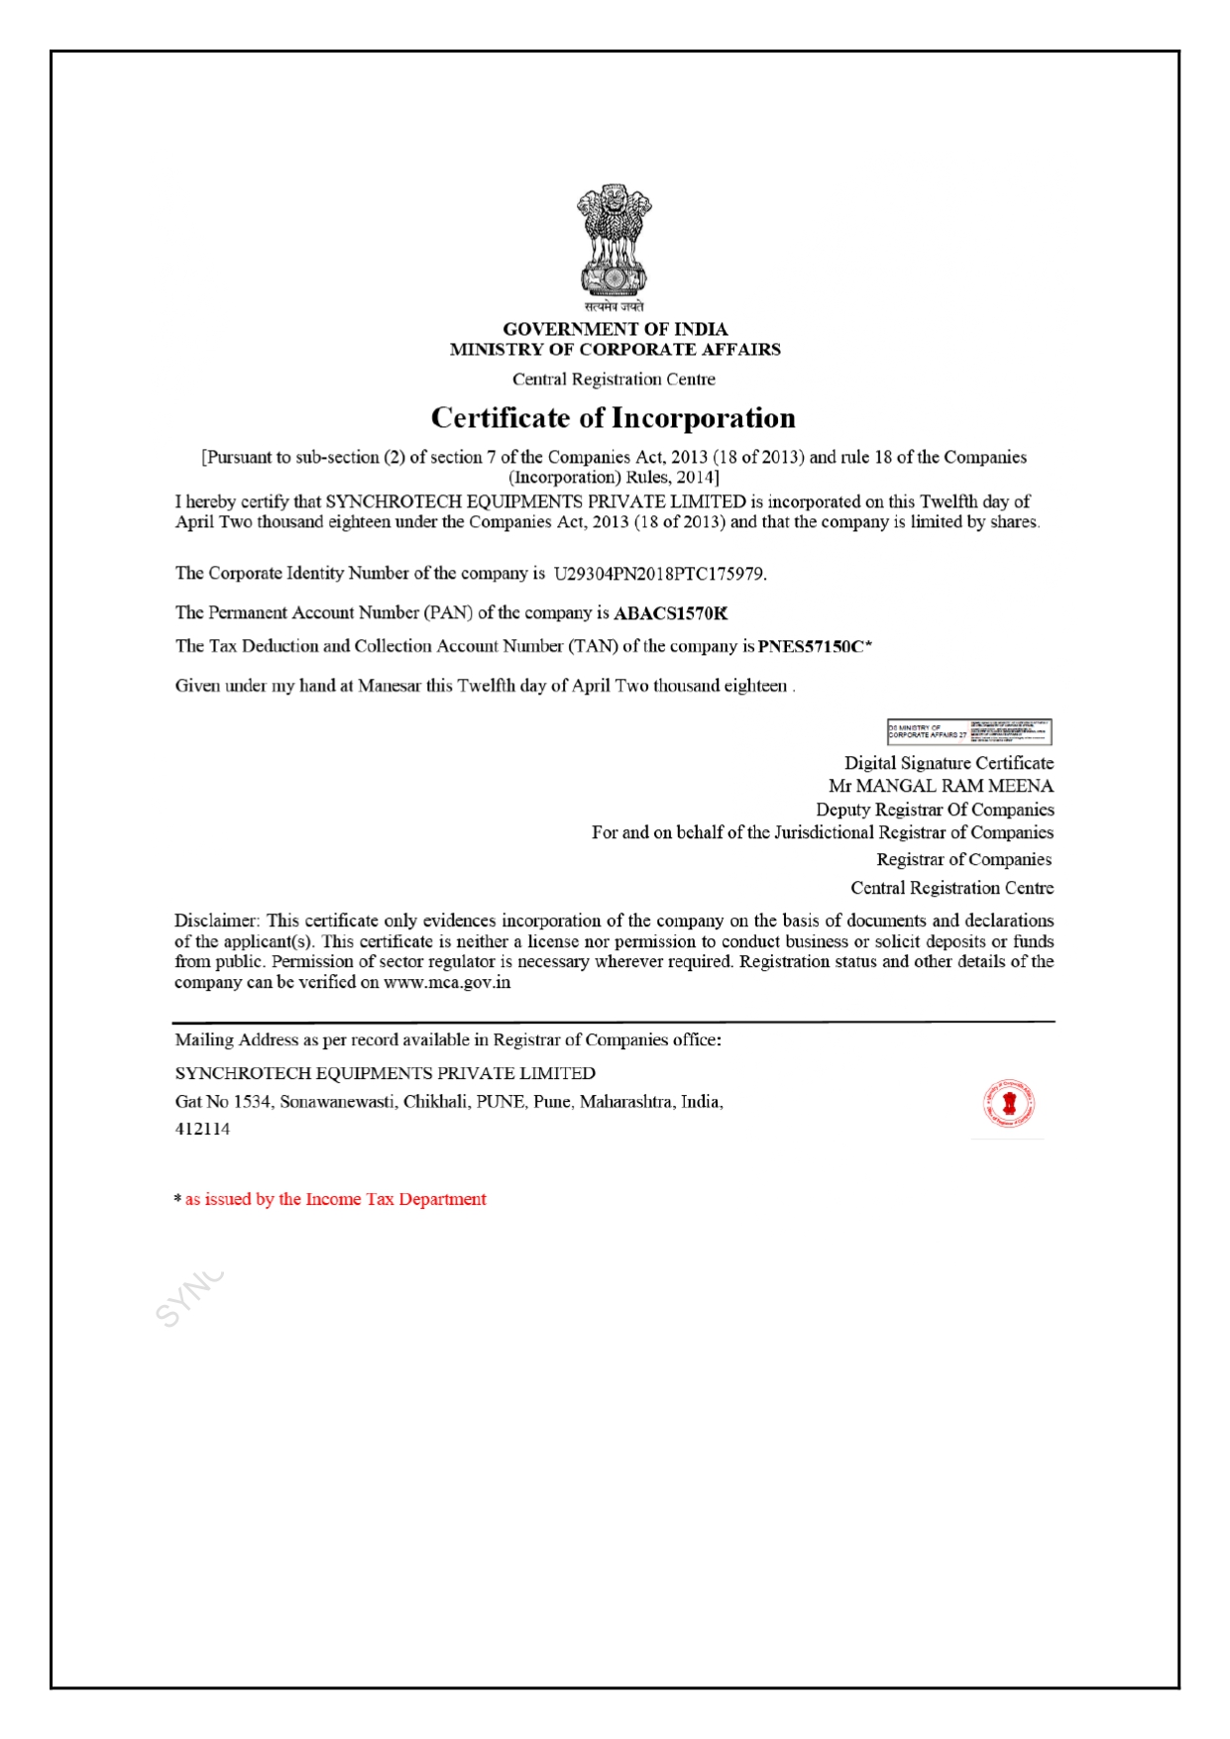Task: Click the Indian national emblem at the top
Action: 615,240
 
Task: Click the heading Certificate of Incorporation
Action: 614,418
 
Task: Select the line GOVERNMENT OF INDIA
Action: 615,329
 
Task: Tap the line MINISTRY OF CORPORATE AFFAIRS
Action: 615,349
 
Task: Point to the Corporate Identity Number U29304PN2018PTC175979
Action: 660,574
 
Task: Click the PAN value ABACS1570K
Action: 671,613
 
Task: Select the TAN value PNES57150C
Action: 811,647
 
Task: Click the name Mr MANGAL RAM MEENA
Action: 941,786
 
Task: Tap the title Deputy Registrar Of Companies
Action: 935,810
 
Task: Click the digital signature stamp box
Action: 968,731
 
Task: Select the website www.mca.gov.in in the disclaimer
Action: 447,982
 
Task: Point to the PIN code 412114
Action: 203,1129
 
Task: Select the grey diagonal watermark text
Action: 189,1298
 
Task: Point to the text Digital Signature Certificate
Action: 949,763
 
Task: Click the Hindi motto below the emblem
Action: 615,307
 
